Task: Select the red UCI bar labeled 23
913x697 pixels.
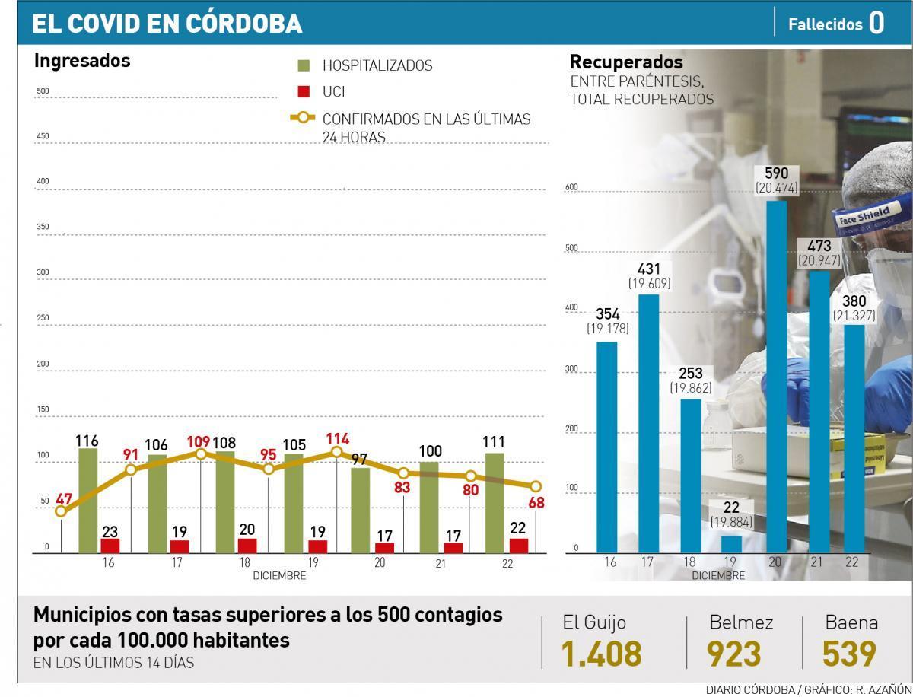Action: click(110, 545)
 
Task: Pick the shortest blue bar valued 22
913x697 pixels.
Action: click(731, 543)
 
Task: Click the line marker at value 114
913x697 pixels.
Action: click(336, 452)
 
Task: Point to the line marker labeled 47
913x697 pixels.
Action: click(61, 511)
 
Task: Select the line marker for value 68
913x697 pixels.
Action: click(536, 486)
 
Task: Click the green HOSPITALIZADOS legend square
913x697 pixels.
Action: click(304, 66)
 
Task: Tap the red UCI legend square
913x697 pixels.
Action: click(304, 91)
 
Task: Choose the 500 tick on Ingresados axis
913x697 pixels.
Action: click(43, 92)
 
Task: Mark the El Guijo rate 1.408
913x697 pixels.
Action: click(601, 654)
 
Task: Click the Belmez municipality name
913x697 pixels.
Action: click(741, 622)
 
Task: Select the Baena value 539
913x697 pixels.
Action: click(849, 654)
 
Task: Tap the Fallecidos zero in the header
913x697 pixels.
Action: click(876, 23)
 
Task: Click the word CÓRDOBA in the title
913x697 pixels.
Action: click(243, 24)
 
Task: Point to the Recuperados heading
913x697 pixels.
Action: click(626, 62)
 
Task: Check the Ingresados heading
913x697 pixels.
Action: click(82, 61)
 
